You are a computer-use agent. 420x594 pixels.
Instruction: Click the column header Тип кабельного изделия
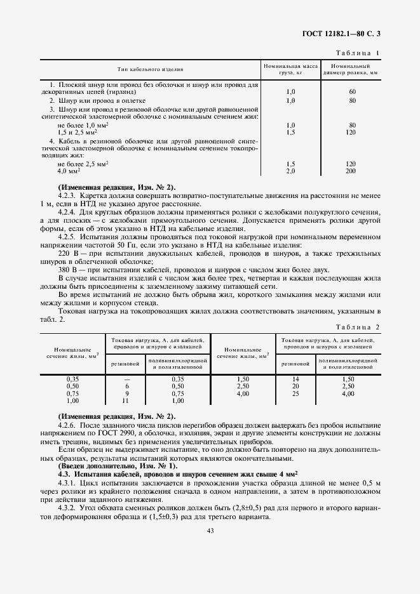150,69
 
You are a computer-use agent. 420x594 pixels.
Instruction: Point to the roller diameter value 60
351,92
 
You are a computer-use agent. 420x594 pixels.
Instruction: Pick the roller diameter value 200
351,171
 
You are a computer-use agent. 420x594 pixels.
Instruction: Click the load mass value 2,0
291,171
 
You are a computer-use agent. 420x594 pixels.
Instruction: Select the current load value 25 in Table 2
295,393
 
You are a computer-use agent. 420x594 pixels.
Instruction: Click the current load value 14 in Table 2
295,378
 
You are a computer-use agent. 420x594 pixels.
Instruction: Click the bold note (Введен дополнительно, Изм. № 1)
112,466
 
